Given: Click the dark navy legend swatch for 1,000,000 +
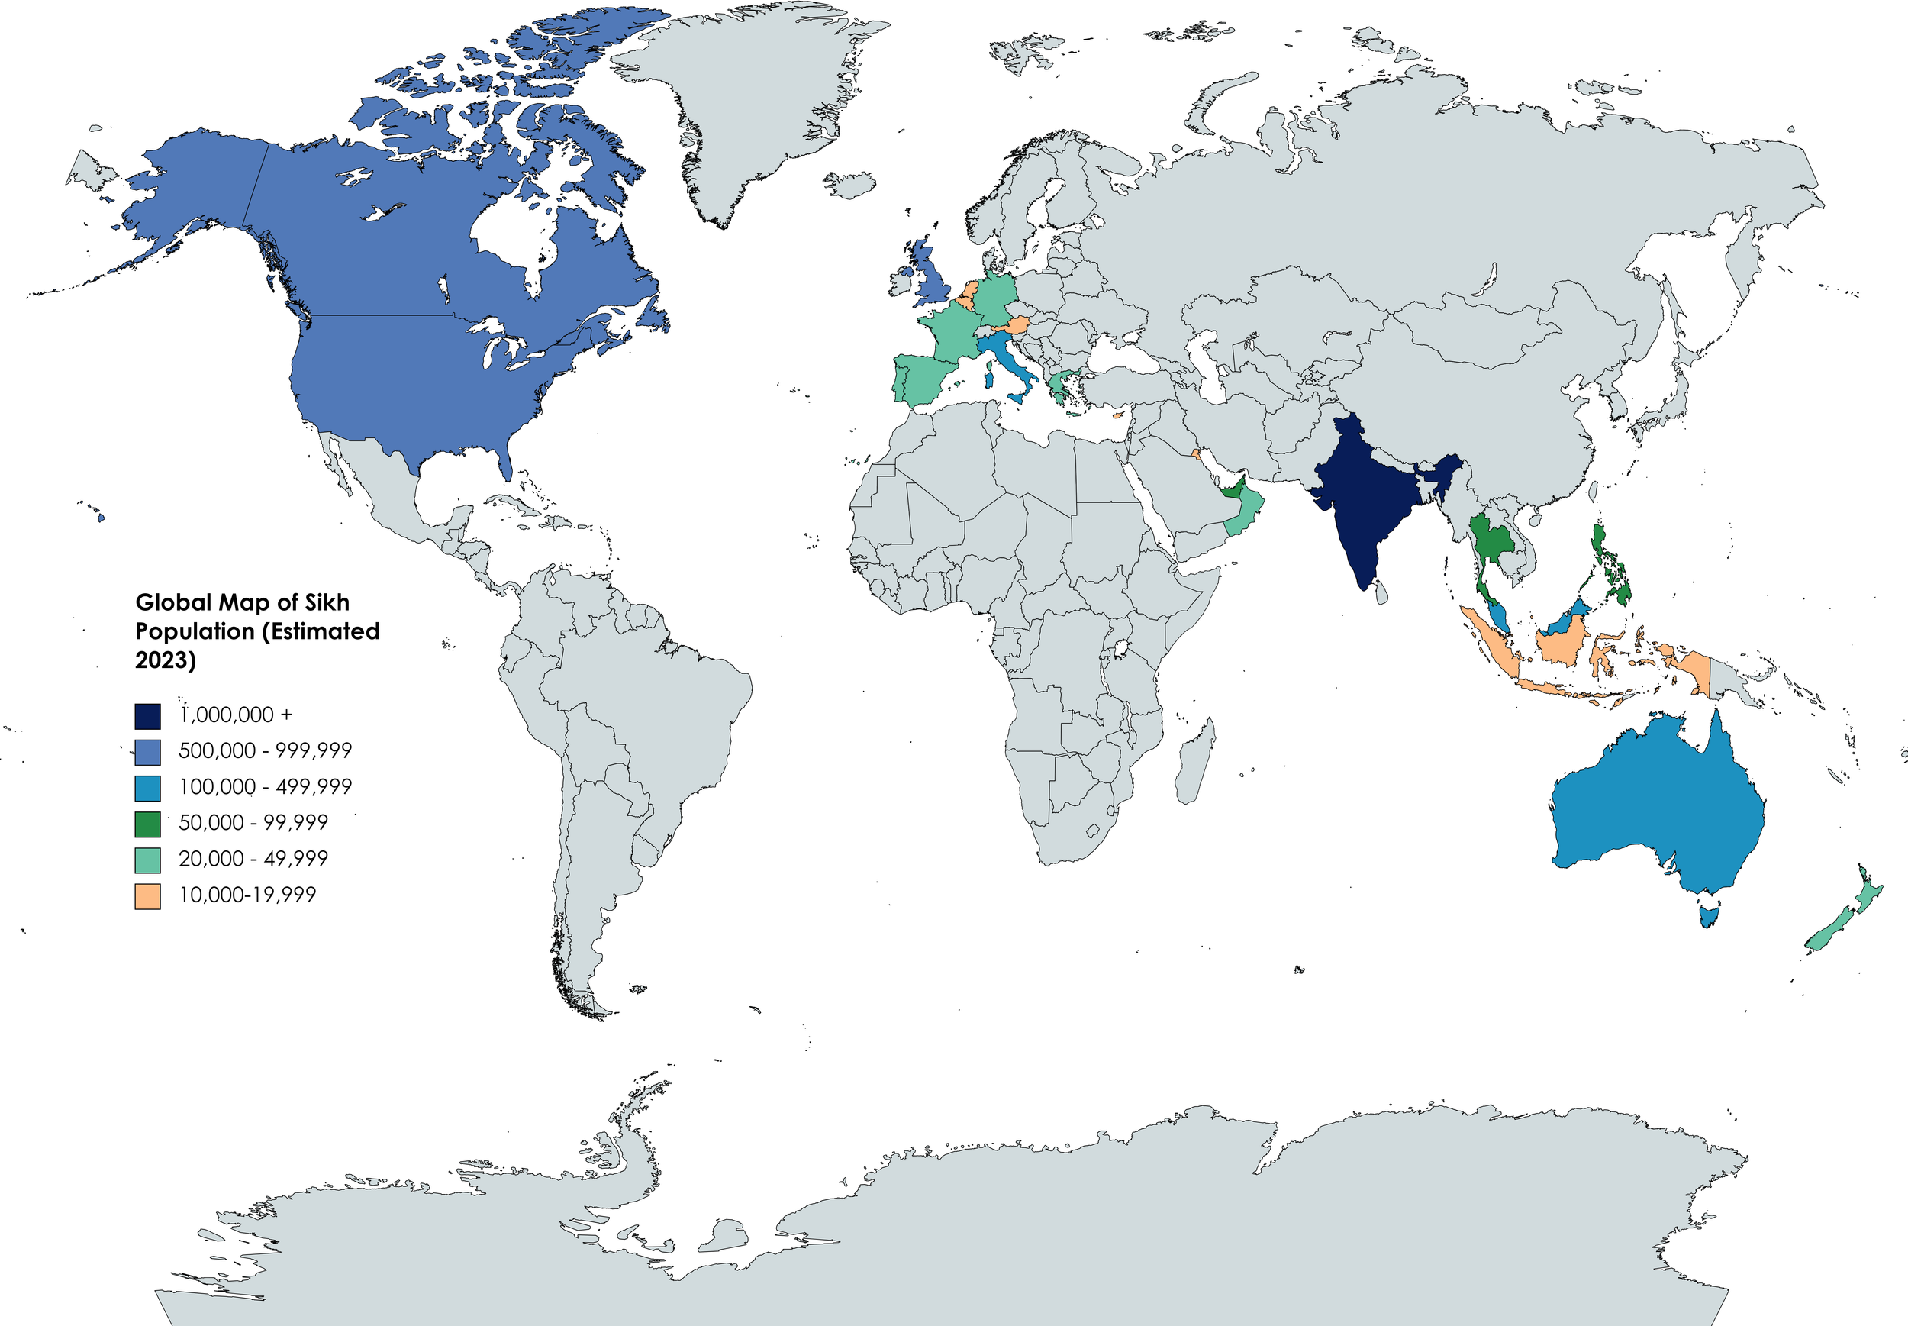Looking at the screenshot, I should tap(147, 715).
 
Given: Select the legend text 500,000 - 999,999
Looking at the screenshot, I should tap(265, 751).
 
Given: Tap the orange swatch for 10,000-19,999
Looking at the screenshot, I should tap(147, 895).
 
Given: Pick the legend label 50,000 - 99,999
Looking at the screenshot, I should tap(253, 822).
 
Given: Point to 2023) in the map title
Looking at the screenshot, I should tap(166, 660).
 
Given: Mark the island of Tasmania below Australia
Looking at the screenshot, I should tap(1709, 915).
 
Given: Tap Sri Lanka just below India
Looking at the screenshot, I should tap(1381, 592).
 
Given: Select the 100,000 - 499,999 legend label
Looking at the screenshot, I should tap(265, 787).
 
